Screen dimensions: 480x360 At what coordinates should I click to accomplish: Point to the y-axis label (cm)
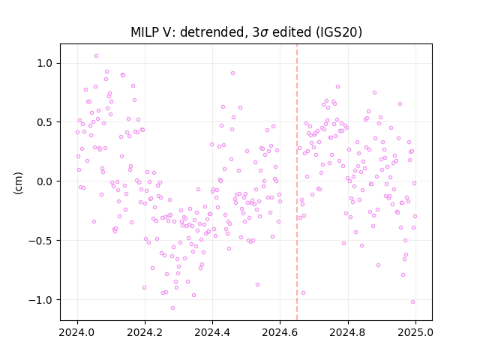coord(18,183)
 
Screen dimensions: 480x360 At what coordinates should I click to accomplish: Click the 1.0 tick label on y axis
coord(44,63)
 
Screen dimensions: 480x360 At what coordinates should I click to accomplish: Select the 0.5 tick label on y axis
coord(44,122)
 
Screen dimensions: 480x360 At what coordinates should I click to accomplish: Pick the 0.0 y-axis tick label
coord(44,181)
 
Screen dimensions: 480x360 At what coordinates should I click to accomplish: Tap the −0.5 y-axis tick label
coord(40,241)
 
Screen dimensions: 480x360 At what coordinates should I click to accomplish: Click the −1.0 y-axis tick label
coord(40,300)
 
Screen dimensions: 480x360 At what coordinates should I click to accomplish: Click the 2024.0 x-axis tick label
coord(76,332)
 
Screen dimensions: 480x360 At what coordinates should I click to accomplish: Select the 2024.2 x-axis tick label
coord(145,332)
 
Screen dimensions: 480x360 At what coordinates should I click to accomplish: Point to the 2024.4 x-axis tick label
coord(212,332)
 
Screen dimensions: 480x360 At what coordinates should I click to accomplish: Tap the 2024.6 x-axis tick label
coord(280,332)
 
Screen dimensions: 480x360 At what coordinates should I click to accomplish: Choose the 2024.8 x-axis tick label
coord(347,332)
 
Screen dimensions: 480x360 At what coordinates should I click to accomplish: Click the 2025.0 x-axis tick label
coord(415,332)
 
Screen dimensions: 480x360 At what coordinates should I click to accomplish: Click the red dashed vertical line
coord(297,182)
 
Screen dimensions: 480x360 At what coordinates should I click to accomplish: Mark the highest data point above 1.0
coord(96,56)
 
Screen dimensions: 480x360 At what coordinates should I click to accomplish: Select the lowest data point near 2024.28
coord(173,307)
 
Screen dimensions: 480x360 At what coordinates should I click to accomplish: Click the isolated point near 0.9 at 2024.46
coord(232,73)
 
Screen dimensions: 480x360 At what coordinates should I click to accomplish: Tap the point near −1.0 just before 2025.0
coord(412,301)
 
